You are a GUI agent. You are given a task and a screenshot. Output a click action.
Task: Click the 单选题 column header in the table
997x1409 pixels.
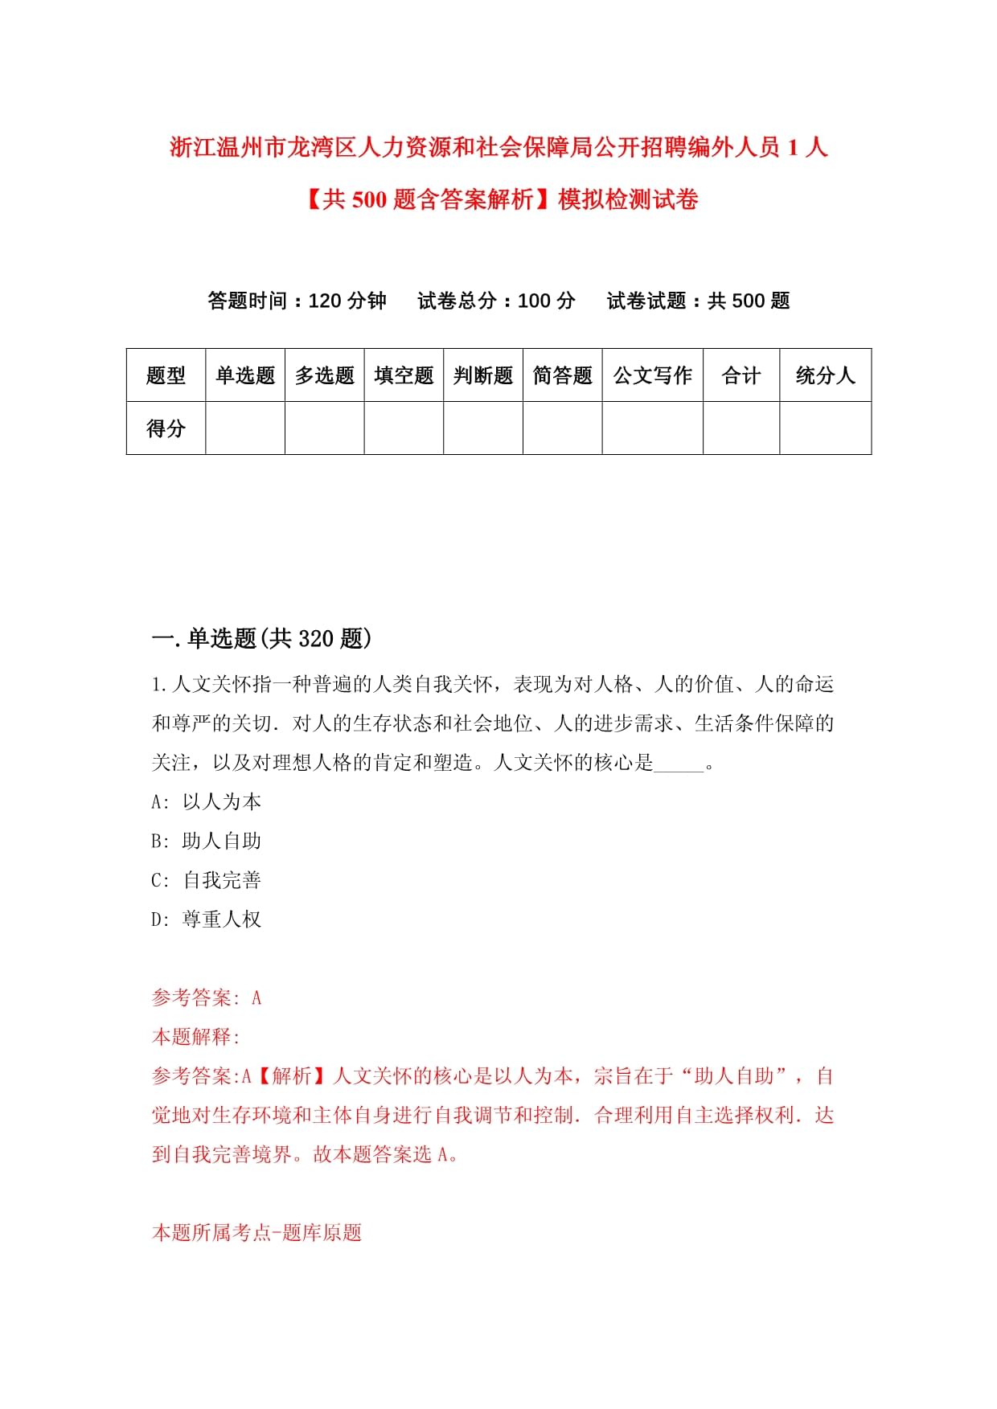245,375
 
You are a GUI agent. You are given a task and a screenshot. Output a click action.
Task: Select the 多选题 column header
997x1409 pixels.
325,375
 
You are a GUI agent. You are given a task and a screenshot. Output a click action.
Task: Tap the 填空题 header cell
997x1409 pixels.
404,375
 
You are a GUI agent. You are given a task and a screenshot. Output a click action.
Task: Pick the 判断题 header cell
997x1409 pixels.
483,375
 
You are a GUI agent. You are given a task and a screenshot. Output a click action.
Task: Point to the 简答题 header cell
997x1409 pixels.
562,375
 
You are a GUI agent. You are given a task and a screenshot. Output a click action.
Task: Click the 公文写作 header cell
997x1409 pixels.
652,375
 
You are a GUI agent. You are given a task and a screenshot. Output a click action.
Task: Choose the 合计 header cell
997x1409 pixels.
741,375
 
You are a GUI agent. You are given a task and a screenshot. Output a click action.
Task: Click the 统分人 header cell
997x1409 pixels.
825,375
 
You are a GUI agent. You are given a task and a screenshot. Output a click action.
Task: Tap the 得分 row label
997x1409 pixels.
166,428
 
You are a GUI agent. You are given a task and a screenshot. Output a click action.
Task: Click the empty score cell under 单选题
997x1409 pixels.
245,428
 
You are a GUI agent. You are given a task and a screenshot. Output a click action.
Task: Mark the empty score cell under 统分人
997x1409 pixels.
825,428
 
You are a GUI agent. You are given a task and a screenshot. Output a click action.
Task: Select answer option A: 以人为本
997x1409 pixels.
207,802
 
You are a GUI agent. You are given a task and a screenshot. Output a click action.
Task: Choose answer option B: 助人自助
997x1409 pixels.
207,842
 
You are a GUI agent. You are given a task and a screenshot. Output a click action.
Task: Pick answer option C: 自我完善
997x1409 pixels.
207,881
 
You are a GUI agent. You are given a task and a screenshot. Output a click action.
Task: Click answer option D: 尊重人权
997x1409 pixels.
207,920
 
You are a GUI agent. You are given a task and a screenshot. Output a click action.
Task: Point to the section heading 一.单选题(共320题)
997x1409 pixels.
262,639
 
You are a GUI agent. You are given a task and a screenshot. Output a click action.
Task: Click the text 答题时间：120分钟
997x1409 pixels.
297,301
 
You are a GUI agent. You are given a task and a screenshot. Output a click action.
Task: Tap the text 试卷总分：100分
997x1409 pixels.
496,301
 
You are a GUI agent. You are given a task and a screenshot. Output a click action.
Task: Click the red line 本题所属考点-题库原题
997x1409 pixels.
256,1233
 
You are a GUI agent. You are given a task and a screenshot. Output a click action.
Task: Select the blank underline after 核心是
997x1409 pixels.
679,765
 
